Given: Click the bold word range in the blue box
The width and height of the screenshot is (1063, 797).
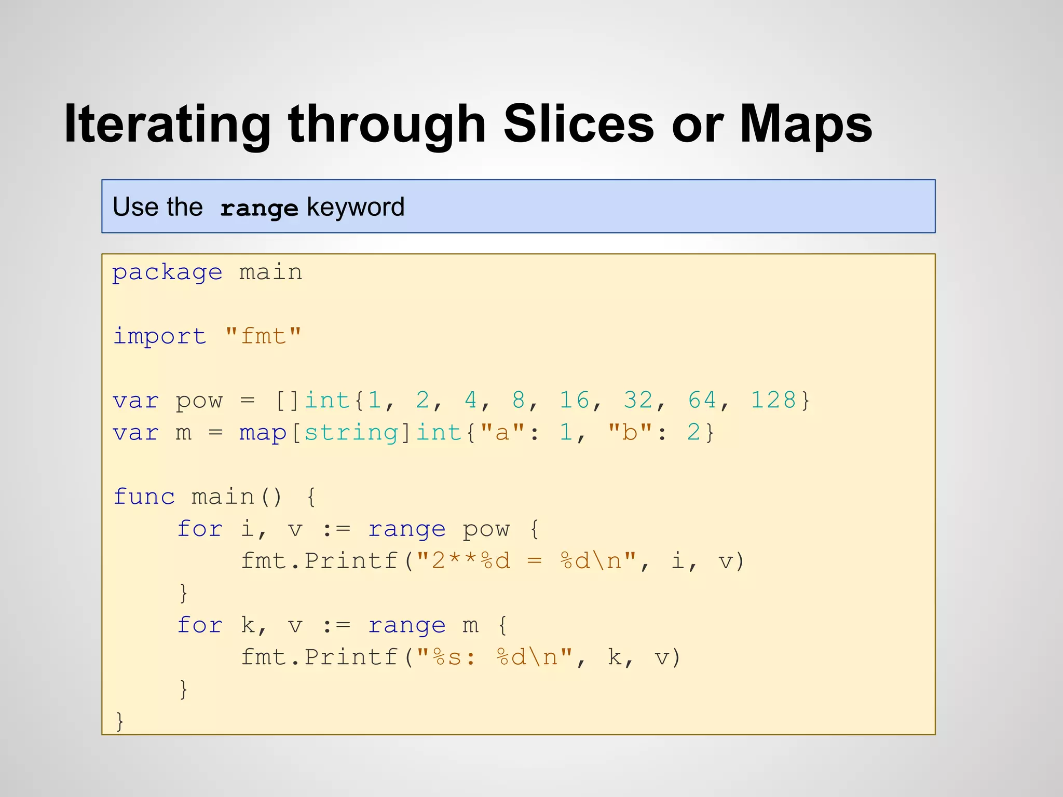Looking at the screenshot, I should click(x=259, y=208).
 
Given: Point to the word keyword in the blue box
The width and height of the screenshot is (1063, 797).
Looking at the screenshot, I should click(x=356, y=207).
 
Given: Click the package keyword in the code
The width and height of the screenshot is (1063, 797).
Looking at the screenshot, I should click(x=167, y=273).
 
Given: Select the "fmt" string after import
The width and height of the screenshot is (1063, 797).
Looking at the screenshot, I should click(x=263, y=336).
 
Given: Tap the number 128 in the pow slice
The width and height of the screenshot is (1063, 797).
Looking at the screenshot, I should click(x=773, y=400).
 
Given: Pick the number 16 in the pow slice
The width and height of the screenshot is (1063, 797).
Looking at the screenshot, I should click(x=575, y=400).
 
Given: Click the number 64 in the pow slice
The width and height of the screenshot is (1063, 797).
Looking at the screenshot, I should click(x=702, y=400).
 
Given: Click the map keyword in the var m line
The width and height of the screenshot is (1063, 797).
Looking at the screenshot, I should click(x=263, y=433).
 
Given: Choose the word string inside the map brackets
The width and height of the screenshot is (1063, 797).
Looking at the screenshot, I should click(x=351, y=433).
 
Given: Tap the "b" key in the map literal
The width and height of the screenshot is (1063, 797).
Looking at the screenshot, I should click(x=630, y=432).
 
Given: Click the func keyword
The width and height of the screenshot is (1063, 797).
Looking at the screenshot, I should click(x=144, y=497).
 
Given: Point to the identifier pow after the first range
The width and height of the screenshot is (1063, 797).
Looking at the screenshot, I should click(x=486, y=529).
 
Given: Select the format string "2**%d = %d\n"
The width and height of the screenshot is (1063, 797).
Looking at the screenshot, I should click(x=526, y=561).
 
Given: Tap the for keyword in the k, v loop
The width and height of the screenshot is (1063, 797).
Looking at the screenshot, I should click(x=200, y=625).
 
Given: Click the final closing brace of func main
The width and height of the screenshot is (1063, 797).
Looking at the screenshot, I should click(x=120, y=721).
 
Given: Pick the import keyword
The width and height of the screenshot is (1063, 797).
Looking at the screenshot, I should click(x=159, y=336).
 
